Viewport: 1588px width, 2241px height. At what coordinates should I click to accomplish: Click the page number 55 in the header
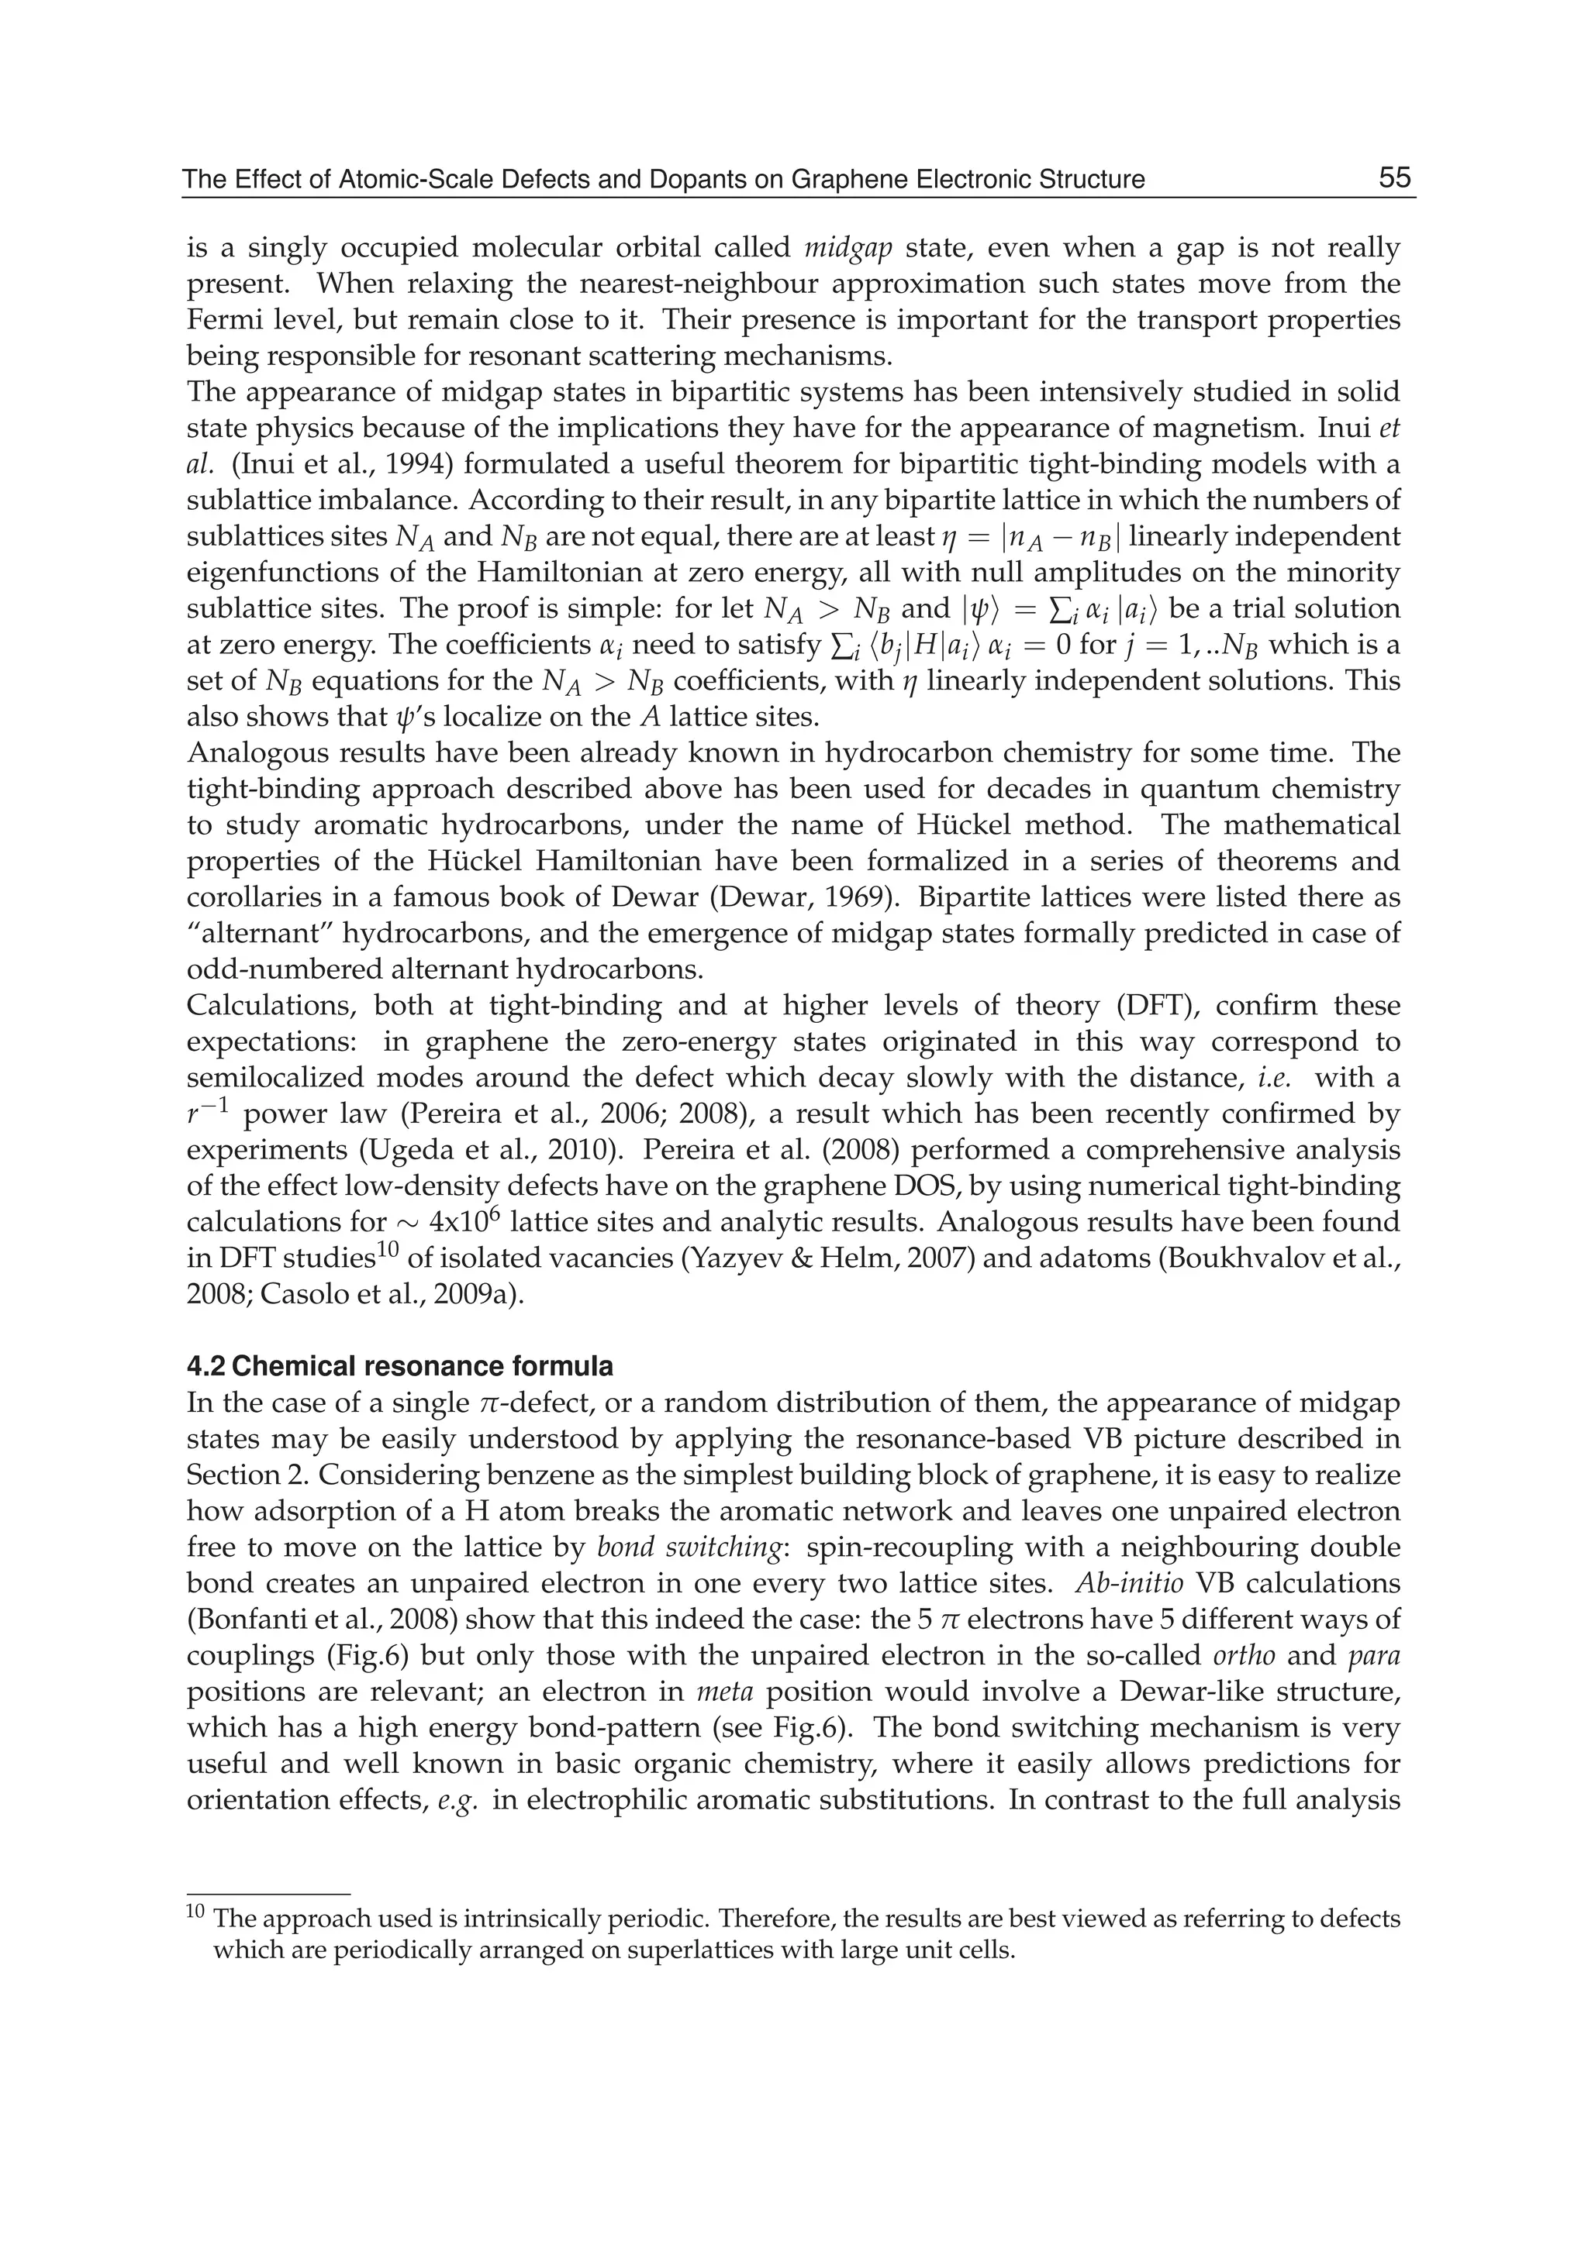point(1394,178)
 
